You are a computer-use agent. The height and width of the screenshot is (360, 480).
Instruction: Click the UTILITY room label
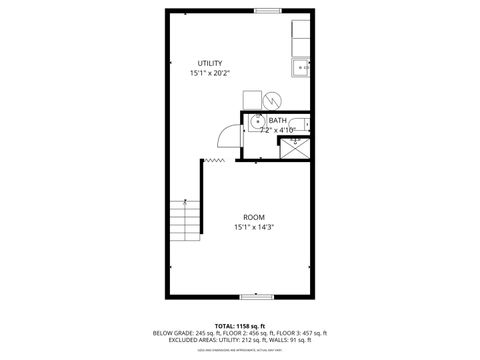tap(209, 63)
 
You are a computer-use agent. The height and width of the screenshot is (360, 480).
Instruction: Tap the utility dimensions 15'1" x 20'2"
tap(209, 73)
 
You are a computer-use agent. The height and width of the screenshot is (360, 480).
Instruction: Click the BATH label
tap(277, 120)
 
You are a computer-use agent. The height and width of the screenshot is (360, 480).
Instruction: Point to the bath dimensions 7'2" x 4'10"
tap(278, 129)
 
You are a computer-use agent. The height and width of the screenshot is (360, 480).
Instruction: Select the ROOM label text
tap(254, 217)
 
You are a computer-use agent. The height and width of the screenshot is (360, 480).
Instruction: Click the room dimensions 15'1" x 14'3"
tap(254, 227)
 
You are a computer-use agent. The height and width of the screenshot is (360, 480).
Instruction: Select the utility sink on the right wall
tap(301, 68)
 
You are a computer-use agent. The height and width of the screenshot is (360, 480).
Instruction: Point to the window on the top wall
tap(267, 11)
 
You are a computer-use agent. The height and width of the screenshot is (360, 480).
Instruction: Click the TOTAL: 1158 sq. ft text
tap(239, 326)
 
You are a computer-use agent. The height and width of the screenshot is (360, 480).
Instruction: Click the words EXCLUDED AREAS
tap(174, 340)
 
